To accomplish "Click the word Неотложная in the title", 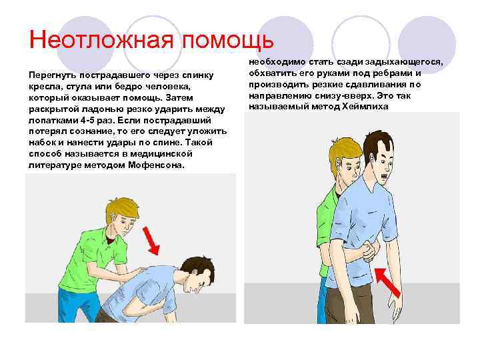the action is (x=101, y=40).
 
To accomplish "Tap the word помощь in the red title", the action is (x=228, y=41).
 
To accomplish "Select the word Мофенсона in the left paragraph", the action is (x=157, y=165).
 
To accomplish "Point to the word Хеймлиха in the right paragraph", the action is (x=365, y=107).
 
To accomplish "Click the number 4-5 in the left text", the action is (x=87, y=120).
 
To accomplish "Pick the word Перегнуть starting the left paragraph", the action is (x=53, y=75).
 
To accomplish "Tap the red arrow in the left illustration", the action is (x=152, y=241).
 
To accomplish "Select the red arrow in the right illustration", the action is (x=387, y=283).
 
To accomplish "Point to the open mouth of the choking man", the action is (x=384, y=177).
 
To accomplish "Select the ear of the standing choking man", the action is (x=371, y=158).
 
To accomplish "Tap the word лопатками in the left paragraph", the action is (x=53, y=121).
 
